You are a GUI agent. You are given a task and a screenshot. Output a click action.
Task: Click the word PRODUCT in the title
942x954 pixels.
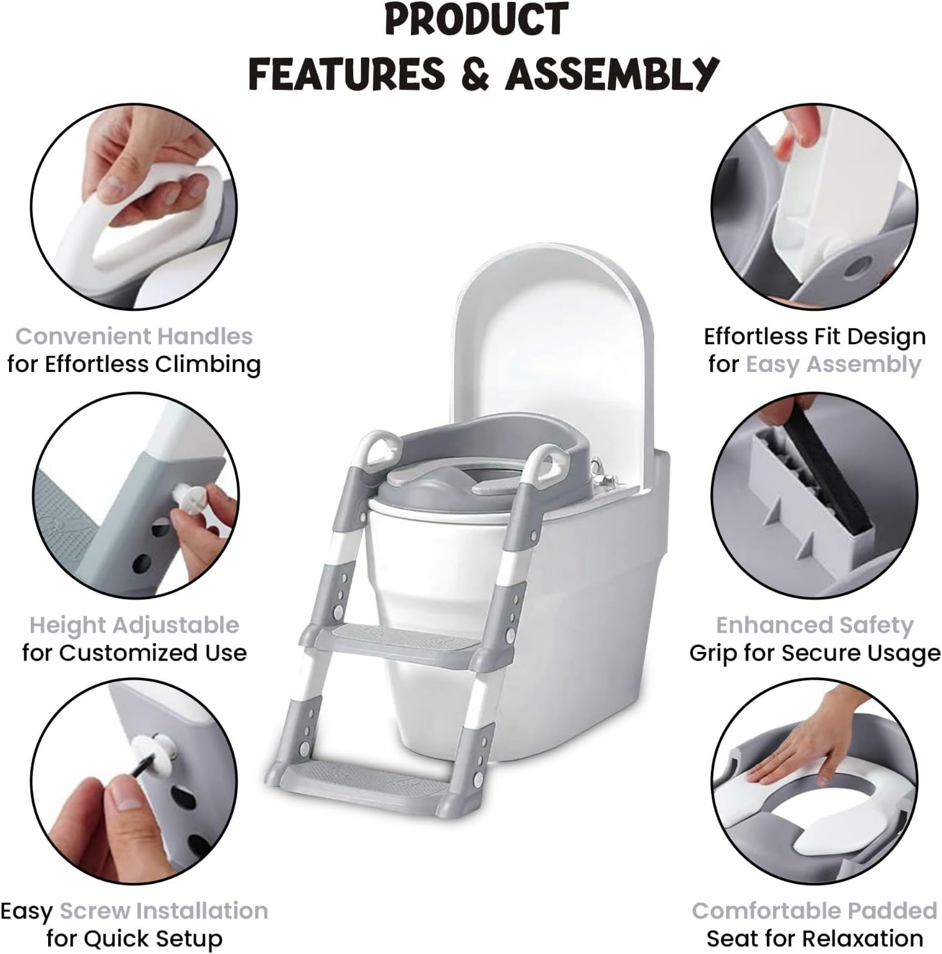[476, 19]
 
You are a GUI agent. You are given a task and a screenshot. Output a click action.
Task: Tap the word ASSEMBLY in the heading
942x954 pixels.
[611, 74]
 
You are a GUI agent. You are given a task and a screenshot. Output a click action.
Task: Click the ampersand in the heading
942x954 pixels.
[475, 73]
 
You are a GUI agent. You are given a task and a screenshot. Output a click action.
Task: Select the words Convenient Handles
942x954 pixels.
[134, 336]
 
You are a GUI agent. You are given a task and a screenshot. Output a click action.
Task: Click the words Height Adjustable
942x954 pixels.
[134, 625]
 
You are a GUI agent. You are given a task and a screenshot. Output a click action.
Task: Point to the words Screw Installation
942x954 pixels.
[164, 910]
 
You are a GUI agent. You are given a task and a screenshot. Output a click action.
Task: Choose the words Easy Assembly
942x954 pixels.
[833, 364]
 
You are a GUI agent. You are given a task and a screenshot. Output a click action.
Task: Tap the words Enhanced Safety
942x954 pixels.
[814, 625]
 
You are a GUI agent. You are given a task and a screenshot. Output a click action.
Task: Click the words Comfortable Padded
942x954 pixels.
[814, 910]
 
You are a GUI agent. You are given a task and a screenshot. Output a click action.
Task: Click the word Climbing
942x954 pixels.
[208, 364]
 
